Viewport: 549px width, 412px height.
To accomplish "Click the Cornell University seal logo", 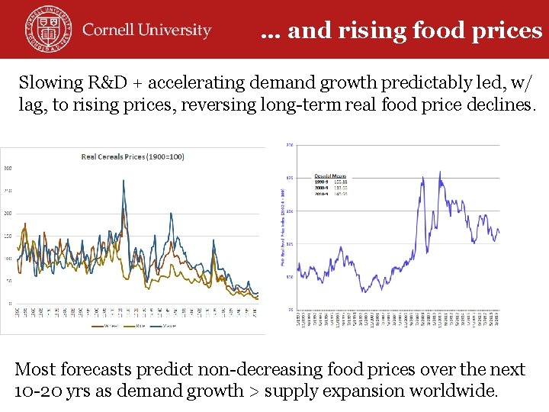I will [47, 28].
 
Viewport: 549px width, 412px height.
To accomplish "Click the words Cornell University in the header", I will [146, 31].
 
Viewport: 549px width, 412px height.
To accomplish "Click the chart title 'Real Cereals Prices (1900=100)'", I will [133, 157].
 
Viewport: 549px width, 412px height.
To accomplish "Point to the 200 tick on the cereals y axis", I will [8, 213].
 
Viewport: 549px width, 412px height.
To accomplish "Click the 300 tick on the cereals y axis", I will [8, 168].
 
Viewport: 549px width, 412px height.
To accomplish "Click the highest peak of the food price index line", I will [440, 172].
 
